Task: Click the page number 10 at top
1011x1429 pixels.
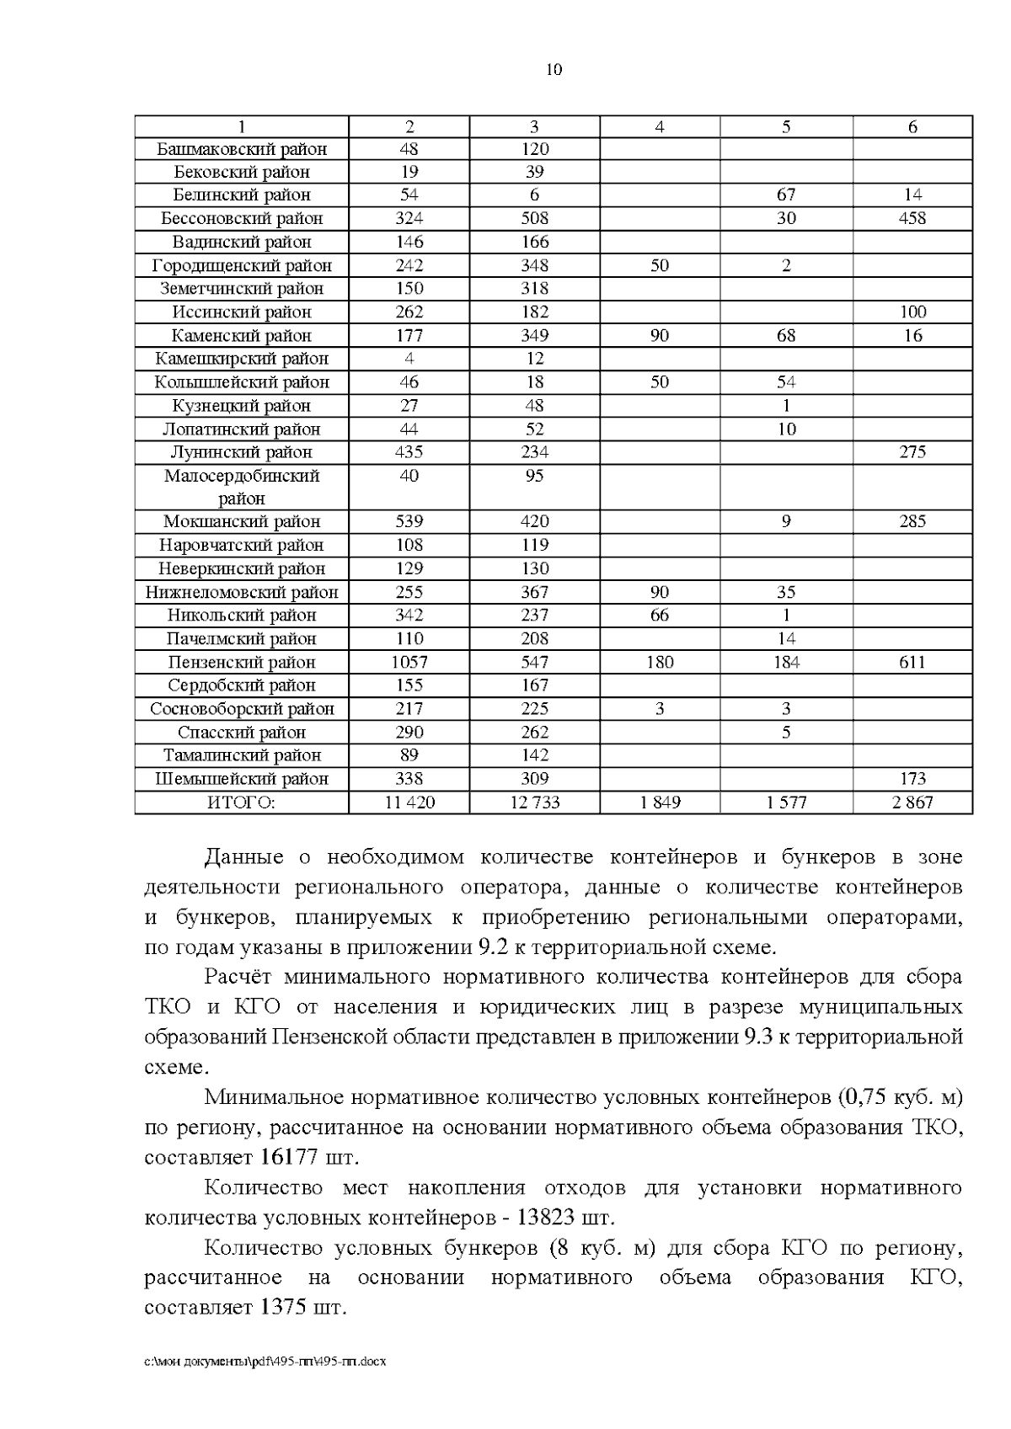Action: pyautogui.click(x=554, y=70)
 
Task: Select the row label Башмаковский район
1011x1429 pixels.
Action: pyautogui.click(x=242, y=149)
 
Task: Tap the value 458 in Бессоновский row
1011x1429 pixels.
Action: pyautogui.click(x=912, y=218)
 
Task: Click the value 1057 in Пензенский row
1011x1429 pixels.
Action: pyautogui.click(x=409, y=662)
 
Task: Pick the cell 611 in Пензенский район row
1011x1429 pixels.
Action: pyautogui.click(x=912, y=662)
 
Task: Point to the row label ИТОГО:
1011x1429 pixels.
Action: pyautogui.click(x=242, y=802)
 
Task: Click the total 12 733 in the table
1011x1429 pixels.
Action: pyautogui.click(x=534, y=802)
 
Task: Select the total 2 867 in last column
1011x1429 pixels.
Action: pyautogui.click(x=912, y=802)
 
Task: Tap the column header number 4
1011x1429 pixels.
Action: pyautogui.click(x=660, y=127)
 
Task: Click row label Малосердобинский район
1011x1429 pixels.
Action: pyautogui.click(x=242, y=487)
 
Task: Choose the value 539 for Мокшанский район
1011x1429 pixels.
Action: pyautogui.click(x=409, y=521)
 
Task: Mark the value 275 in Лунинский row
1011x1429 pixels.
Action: pyautogui.click(x=912, y=452)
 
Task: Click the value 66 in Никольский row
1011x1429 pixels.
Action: pyautogui.click(x=660, y=616)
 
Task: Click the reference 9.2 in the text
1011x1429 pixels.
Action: pyautogui.click(x=492, y=946)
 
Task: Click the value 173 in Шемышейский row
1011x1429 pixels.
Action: pyautogui.click(x=912, y=779)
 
